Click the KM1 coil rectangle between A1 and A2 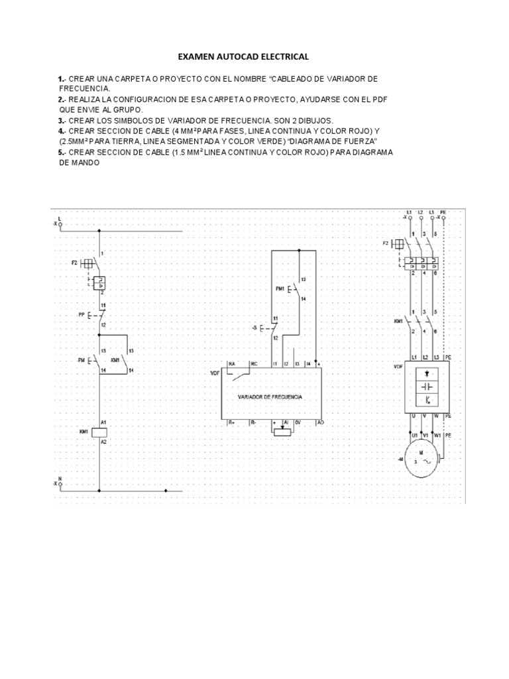tap(99, 431)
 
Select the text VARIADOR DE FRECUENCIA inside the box tap(270, 397)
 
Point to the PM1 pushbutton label tap(279, 288)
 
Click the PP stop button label tap(82, 315)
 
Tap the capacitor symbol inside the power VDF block tap(426, 386)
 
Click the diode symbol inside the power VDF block tap(426, 373)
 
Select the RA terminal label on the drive tap(232, 364)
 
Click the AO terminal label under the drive tap(320, 422)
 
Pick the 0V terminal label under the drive tap(298, 422)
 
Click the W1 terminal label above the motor tap(437, 436)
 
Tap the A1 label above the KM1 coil tap(103, 422)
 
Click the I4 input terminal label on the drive tap(308, 364)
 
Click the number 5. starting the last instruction tap(60, 151)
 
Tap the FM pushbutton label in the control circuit tap(80, 359)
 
